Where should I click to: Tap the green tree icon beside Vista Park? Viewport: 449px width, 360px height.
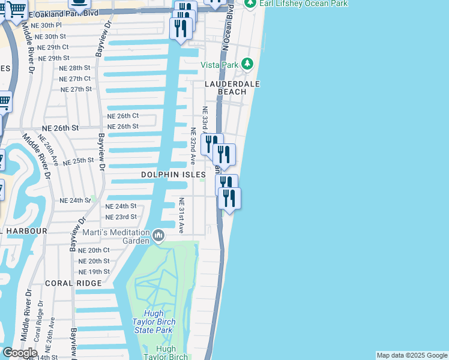247,64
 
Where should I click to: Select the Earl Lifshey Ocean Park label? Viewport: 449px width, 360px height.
304,4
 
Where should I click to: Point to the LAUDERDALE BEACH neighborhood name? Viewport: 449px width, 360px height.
233,88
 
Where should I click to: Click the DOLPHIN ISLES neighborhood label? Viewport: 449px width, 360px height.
173,175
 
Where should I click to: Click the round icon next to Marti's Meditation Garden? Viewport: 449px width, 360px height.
158,235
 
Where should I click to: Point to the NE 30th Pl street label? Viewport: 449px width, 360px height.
46,26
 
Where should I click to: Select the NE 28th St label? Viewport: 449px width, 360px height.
74,68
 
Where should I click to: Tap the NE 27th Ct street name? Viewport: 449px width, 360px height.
75,79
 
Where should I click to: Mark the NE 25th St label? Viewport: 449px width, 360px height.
79,161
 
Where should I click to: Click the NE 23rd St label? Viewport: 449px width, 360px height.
121,217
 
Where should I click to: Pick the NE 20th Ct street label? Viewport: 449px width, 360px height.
94,250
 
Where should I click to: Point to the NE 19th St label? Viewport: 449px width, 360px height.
94,272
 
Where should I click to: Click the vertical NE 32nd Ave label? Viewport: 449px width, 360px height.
193,146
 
